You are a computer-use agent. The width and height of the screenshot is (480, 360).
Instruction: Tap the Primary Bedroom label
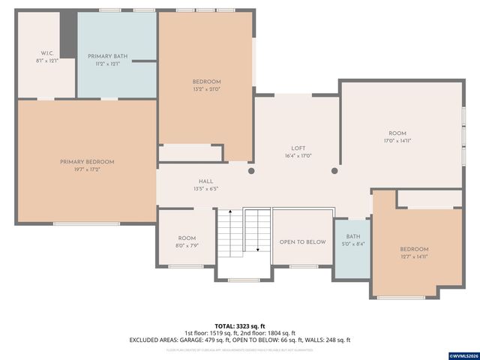tap(87, 161)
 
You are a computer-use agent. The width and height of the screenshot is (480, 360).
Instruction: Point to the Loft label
tap(298, 148)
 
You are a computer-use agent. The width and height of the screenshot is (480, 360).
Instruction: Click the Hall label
tap(205, 181)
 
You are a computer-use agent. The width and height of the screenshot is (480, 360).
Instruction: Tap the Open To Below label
tap(302, 241)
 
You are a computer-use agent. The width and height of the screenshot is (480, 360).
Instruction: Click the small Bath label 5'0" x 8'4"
tap(352, 239)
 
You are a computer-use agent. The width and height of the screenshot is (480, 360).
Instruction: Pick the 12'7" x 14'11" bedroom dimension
tap(413, 256)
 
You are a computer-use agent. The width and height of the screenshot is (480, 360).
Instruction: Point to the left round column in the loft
tap(251, 171)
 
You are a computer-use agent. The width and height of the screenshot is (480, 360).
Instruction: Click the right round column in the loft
tap(334, 171)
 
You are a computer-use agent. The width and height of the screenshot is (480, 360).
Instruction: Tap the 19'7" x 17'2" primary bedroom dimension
tap(87, 169)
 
